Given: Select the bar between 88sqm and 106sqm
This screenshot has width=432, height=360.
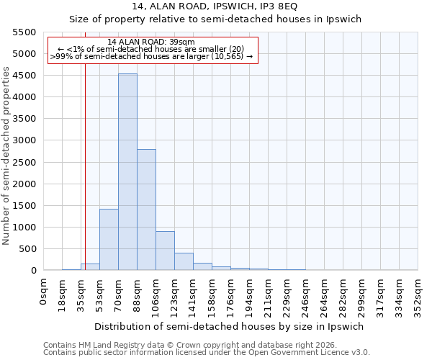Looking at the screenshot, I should click(146, 210).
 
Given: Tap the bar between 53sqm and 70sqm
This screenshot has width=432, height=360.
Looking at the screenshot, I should click(109, 239).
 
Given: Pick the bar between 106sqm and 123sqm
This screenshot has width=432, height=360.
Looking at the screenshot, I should click(165, 251).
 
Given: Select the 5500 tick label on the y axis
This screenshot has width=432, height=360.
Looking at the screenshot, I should click(24, 32).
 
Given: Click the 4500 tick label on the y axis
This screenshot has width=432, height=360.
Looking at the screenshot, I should click(24, 76).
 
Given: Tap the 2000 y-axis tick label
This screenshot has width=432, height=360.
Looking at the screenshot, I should click(24, 184).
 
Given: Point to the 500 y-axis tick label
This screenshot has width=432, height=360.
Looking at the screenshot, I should click(27, 249).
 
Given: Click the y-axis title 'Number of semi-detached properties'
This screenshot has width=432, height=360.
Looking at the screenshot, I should click(6, 156).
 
